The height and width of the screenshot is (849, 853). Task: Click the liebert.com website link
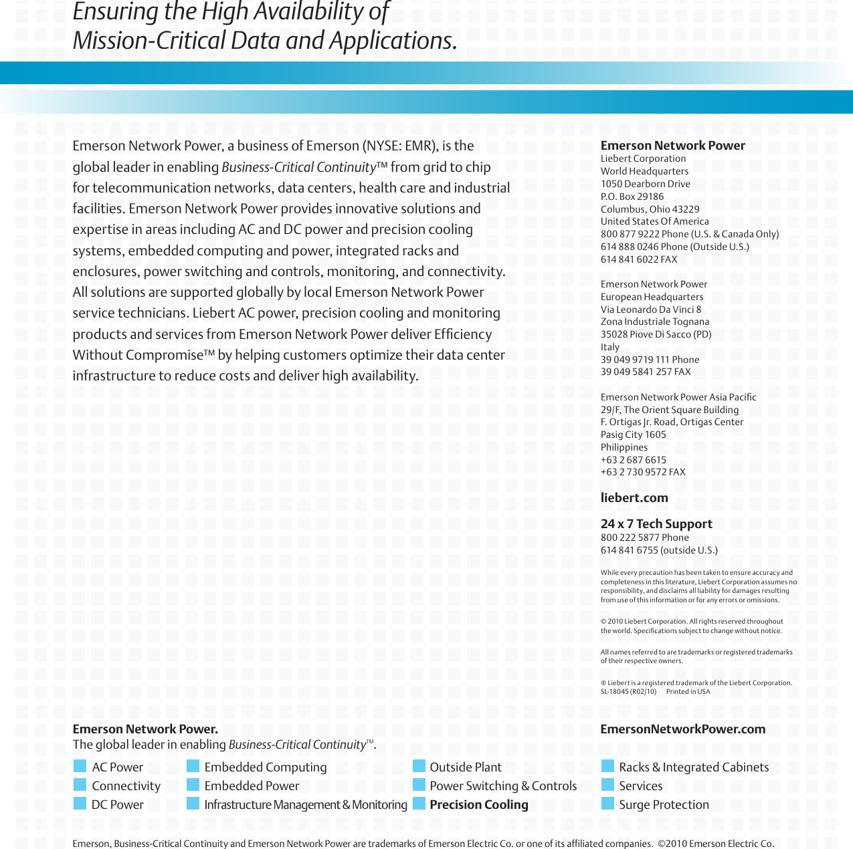pos(634,498)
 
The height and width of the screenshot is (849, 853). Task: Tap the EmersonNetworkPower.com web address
pos(682,729)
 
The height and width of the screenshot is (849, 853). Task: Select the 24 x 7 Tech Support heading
pos(656,524)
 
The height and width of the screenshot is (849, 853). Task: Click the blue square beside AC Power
pos(80,766)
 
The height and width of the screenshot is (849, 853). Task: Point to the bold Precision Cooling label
pos(478,805)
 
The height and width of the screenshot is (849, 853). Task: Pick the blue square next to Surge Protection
pos(607,804)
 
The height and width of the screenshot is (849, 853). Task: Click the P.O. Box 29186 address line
pos(632,197)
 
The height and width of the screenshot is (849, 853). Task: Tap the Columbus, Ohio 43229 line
pos(650,209)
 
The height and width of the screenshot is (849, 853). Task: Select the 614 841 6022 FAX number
pos(638,259)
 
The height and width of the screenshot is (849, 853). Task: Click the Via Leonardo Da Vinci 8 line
pos(650,310)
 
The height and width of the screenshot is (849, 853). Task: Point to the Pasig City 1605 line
pos(633,435)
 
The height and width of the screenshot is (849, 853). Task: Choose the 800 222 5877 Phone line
pos(644,537)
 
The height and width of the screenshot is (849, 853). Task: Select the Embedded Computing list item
pos(265,767)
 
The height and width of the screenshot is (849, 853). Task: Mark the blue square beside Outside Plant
pos(419,766)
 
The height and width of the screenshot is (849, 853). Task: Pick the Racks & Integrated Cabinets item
pos(693,767)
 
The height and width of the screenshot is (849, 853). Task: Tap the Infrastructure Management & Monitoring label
pos(305,805)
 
